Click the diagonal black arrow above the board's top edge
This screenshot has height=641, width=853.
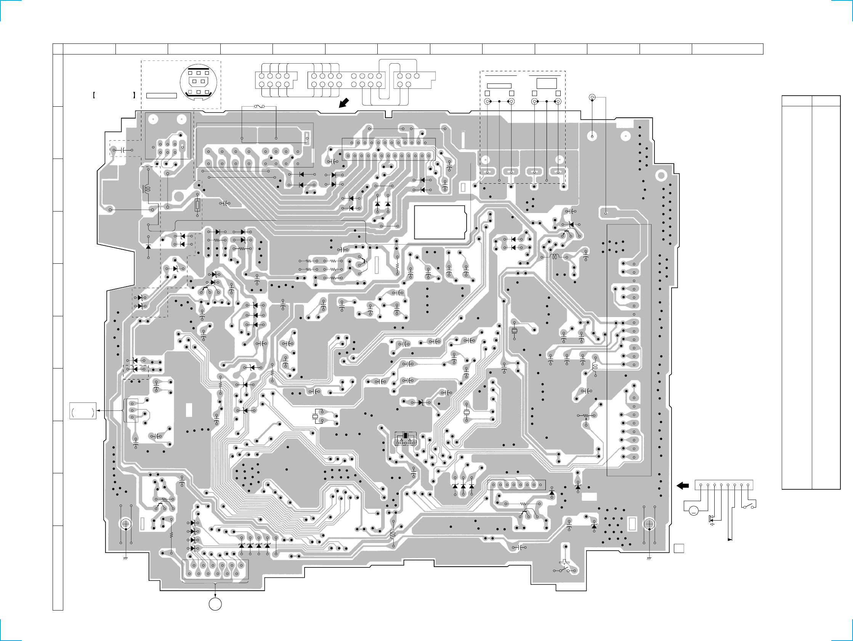tap(344, 103)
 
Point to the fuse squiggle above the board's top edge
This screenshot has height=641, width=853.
tap(259, 106)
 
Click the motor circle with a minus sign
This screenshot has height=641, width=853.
tap(693, 511)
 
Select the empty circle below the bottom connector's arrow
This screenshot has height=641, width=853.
tap(215, 604)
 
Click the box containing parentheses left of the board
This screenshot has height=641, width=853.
tap(83, 411)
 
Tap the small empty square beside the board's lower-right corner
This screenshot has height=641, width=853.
tap(679, 548)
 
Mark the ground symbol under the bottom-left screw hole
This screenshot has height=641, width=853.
tap(125, 558)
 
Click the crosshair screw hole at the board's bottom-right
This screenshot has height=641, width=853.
tap(649, 524)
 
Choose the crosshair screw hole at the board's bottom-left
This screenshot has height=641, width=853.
tap(125, 524)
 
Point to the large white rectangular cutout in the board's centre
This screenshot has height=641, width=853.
tap(439, 222)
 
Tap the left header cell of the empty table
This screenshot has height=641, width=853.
tap(797, 101)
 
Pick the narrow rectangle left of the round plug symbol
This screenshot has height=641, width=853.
tap(162, 96)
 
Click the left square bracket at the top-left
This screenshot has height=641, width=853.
tap(94, 95)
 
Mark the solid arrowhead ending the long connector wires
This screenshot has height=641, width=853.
tap(729, 540)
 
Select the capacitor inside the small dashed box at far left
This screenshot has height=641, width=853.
tap(123, 150)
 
